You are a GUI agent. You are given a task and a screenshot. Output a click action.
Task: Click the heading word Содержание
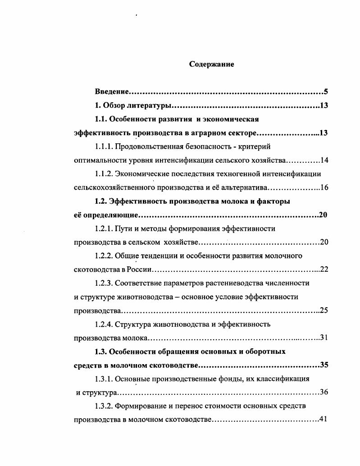[x=211, y=64]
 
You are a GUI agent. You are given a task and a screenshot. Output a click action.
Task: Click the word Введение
[x=112, y=92]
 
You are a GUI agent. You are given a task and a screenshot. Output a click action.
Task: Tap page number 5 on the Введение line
[x=325, y=92]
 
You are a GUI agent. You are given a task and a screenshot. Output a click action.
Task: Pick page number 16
[x=324, y=187]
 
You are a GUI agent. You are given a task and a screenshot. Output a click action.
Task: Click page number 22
[x=324, y=270]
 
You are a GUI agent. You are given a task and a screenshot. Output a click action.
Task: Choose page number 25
[x=324, y=311]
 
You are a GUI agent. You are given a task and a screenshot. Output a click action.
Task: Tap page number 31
[x=324, y=338]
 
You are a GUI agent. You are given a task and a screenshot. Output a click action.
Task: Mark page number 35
[x=324, y=365]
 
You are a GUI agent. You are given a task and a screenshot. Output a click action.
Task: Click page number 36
[x=324, y=392]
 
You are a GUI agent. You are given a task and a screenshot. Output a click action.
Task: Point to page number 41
[x=323, y=420]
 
